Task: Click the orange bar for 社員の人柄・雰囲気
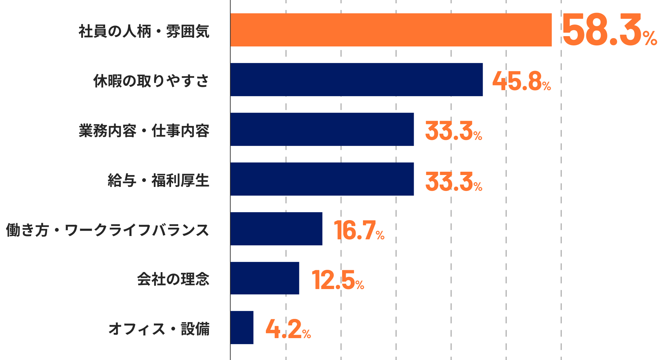coord(391,30)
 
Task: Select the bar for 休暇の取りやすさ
coord(356,80)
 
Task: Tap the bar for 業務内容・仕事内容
coord(322,129)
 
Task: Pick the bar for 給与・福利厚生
coord(322,179)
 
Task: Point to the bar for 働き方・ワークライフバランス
coord(276,229)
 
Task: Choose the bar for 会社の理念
coord(265,278)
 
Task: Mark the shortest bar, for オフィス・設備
coord(242,328)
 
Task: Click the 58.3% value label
coord(609,30)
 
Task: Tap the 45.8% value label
coord(521,81)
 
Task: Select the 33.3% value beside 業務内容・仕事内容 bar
coord(453,131)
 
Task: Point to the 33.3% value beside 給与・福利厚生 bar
coord(453,182)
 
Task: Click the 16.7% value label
coord(359,230)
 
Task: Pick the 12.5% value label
coord(337,280)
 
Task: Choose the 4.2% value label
coord(288,329)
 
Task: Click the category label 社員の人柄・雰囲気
coord(144,31)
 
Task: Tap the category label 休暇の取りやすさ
coord(151,81)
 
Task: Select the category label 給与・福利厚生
coord(158,181)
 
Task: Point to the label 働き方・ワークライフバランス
coord(108,230)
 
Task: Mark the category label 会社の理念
coord(173,279)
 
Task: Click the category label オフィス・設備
coord(159,329)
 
